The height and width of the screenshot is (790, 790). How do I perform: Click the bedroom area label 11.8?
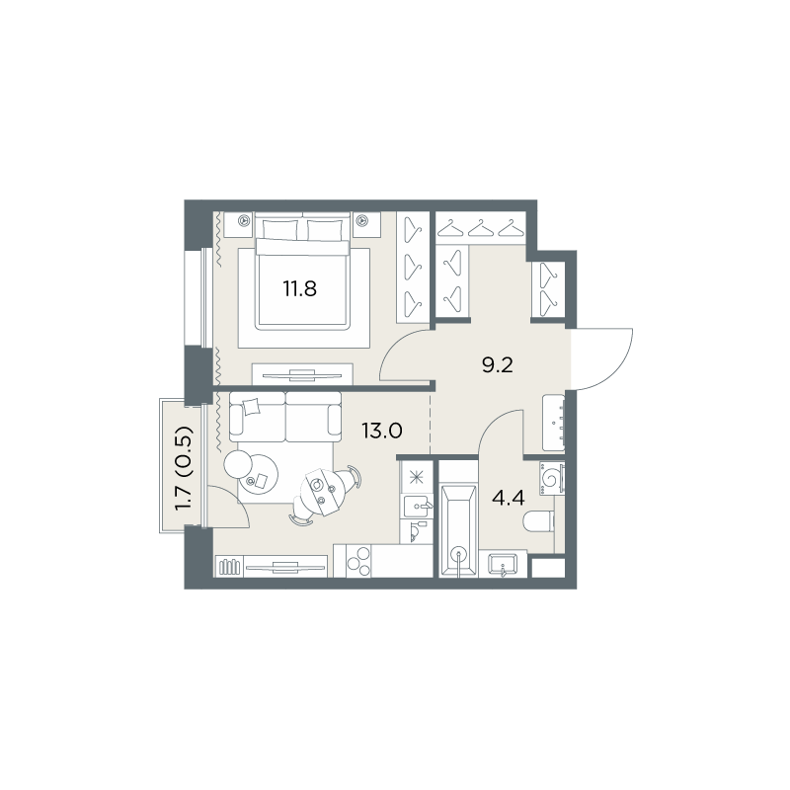coord(299,289)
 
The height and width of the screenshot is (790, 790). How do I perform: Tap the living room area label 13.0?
coord(381,431)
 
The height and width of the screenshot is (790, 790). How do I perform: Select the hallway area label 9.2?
coord(498,365)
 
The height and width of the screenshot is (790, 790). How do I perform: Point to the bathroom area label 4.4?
coord(509,499)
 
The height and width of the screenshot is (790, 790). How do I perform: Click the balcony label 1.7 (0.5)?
coord(185,468)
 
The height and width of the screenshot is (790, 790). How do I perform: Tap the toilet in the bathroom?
coord(538,521)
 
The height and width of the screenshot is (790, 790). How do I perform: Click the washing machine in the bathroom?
coord(552,478)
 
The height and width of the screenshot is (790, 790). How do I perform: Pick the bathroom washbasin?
coord(503,563)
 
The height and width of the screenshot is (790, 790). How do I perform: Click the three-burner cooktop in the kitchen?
coord(358,560)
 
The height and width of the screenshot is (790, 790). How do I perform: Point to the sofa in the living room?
coord(285,417)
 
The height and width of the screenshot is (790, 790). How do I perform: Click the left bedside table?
coord(238,224)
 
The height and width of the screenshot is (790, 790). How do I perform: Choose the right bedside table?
coord(366,224)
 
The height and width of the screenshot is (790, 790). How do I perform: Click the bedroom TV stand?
coord(302,374)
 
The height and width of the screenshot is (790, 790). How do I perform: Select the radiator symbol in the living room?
coord(229,567)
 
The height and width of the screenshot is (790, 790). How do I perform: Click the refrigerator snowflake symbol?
coord(416,477)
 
